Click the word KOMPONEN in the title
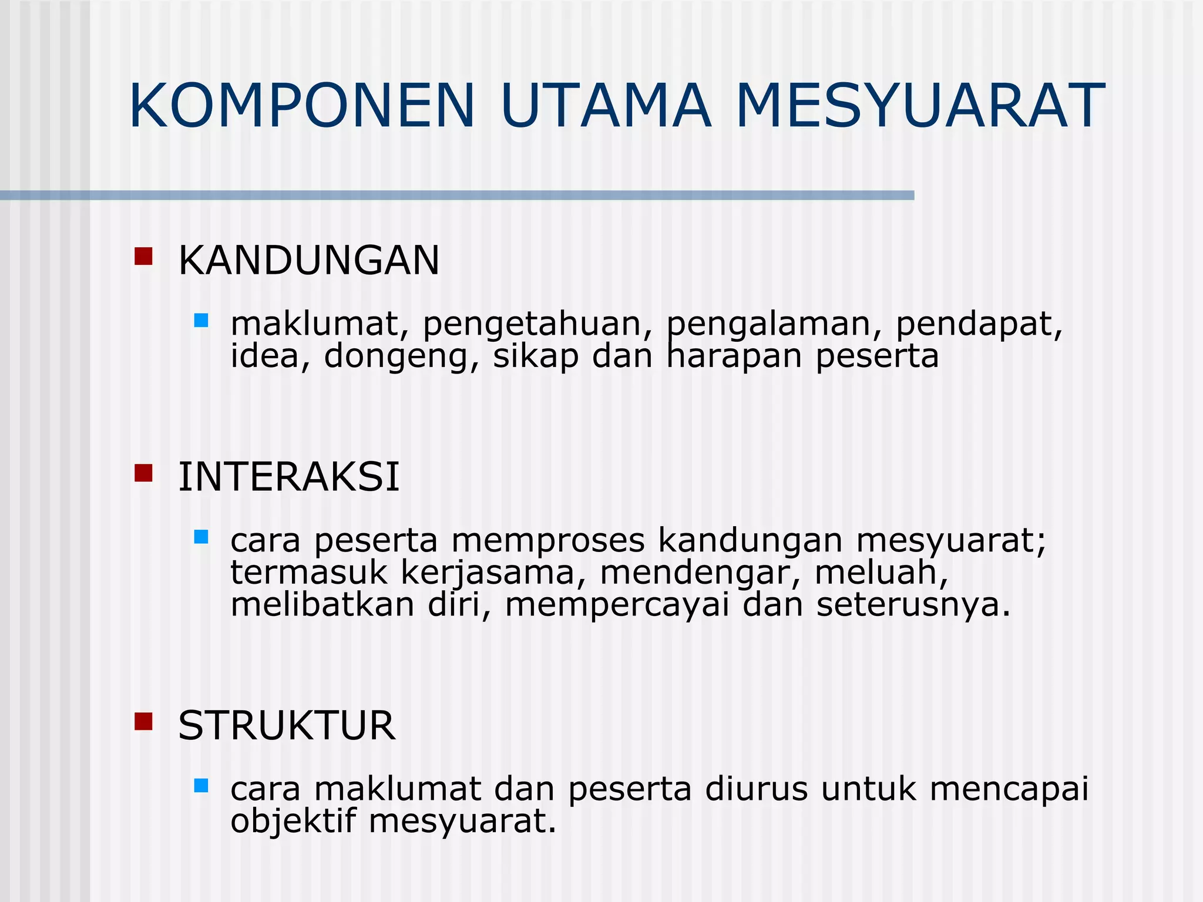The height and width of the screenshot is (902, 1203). point(301,106)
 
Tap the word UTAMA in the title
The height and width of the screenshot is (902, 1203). point(606,106)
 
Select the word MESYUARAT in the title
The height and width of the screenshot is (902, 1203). point(920,106)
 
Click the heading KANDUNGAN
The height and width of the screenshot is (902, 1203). point(308,260)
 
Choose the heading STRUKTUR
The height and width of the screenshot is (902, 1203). point(287,726)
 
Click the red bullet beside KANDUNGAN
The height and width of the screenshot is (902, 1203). point(143,257)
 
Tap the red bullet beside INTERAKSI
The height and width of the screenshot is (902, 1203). point(143,473)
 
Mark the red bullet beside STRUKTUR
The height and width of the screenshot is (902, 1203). point(143,721)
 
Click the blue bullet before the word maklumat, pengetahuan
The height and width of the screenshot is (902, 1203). point(201,321)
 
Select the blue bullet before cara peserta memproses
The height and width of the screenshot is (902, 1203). point(201,537)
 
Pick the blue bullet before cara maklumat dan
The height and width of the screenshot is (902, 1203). point(201,786)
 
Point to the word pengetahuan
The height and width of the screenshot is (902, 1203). point(537,325)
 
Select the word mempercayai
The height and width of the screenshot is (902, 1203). point(617,605)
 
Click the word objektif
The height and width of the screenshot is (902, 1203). point(293,821)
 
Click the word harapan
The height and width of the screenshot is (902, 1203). point(734,357)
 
